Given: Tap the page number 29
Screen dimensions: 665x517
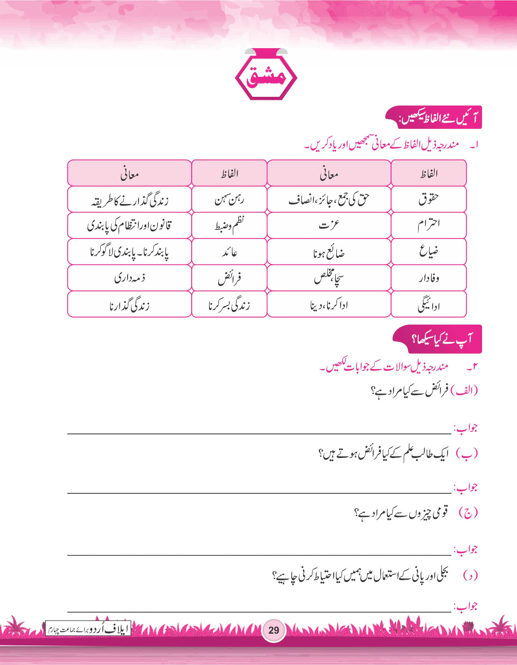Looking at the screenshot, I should [x=273, y=630].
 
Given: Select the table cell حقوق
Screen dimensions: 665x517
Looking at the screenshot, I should [x=428, y=199].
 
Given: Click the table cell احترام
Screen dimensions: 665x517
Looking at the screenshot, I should [x=428, y=225].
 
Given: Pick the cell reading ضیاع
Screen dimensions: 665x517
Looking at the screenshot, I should [x=428, y=251].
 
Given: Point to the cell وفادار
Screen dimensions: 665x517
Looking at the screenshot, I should [x=428, y=278].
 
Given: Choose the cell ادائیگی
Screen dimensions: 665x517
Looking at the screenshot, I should [x=428, y=304].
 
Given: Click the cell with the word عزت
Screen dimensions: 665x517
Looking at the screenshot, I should [x=329, y=225].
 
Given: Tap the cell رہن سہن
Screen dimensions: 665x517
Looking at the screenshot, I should [x=229, y=199].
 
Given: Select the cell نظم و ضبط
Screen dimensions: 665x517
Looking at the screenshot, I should [x=229, y=225].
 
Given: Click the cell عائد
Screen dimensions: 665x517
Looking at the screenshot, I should [x=229, y=251].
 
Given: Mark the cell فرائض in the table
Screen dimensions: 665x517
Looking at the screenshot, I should [x=229, y=278].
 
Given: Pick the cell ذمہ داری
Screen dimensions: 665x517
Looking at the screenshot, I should [x=129, y=278].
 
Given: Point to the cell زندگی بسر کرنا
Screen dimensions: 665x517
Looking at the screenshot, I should [x=229, y=304].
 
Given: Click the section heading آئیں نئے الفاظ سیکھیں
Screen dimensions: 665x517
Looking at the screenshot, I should [x=434, y=118].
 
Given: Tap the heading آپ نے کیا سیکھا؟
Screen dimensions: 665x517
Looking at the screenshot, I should [x=438, y=339].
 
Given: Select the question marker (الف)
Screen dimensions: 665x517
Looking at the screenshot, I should [x=467, y=391].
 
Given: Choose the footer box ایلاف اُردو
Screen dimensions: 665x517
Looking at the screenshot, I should [x=88, y=628].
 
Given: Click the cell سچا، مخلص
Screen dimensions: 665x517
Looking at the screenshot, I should [x=329, y=278].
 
